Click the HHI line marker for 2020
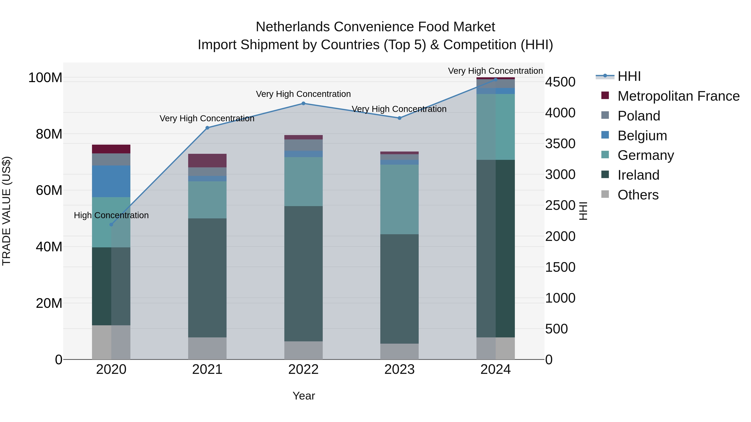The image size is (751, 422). pyautogui.click(x=111, y=224)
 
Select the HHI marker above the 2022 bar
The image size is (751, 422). pyautogui.click(x=303, y=103)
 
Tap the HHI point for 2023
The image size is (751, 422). pyautogui.click(x=399, y=118)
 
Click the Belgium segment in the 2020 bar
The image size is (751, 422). pyautogui.click(x=111, y=181)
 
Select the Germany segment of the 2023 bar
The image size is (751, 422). pyautogui.click(x=399, y=199)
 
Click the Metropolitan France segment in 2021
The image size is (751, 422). pyautogui.click(x=207, y=160)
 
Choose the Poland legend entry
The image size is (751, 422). pyautogui.click(x=639, y=116)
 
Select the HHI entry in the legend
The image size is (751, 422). pyautogui.click(x=629, y=76)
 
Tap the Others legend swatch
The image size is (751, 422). pyautogui.click(x=605, y=194)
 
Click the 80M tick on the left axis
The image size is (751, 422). pyautogui.click(x=49, y=134)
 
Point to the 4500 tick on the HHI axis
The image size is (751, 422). pyautogui.click(x=560, y=82)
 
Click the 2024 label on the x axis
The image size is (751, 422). pyautogui.click(x=495, y=369)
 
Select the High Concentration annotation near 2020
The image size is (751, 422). pyautogui.click(x=111, y=215)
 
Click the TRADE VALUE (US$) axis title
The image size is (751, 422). pyautogui.click(x=6, y=211)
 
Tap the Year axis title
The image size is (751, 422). pyautogui.click(x=304, y=396)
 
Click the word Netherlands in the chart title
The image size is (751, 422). pyautogui.click(x=292, y=27)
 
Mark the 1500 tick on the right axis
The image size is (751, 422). pyautogui.click(x=560, y=267)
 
